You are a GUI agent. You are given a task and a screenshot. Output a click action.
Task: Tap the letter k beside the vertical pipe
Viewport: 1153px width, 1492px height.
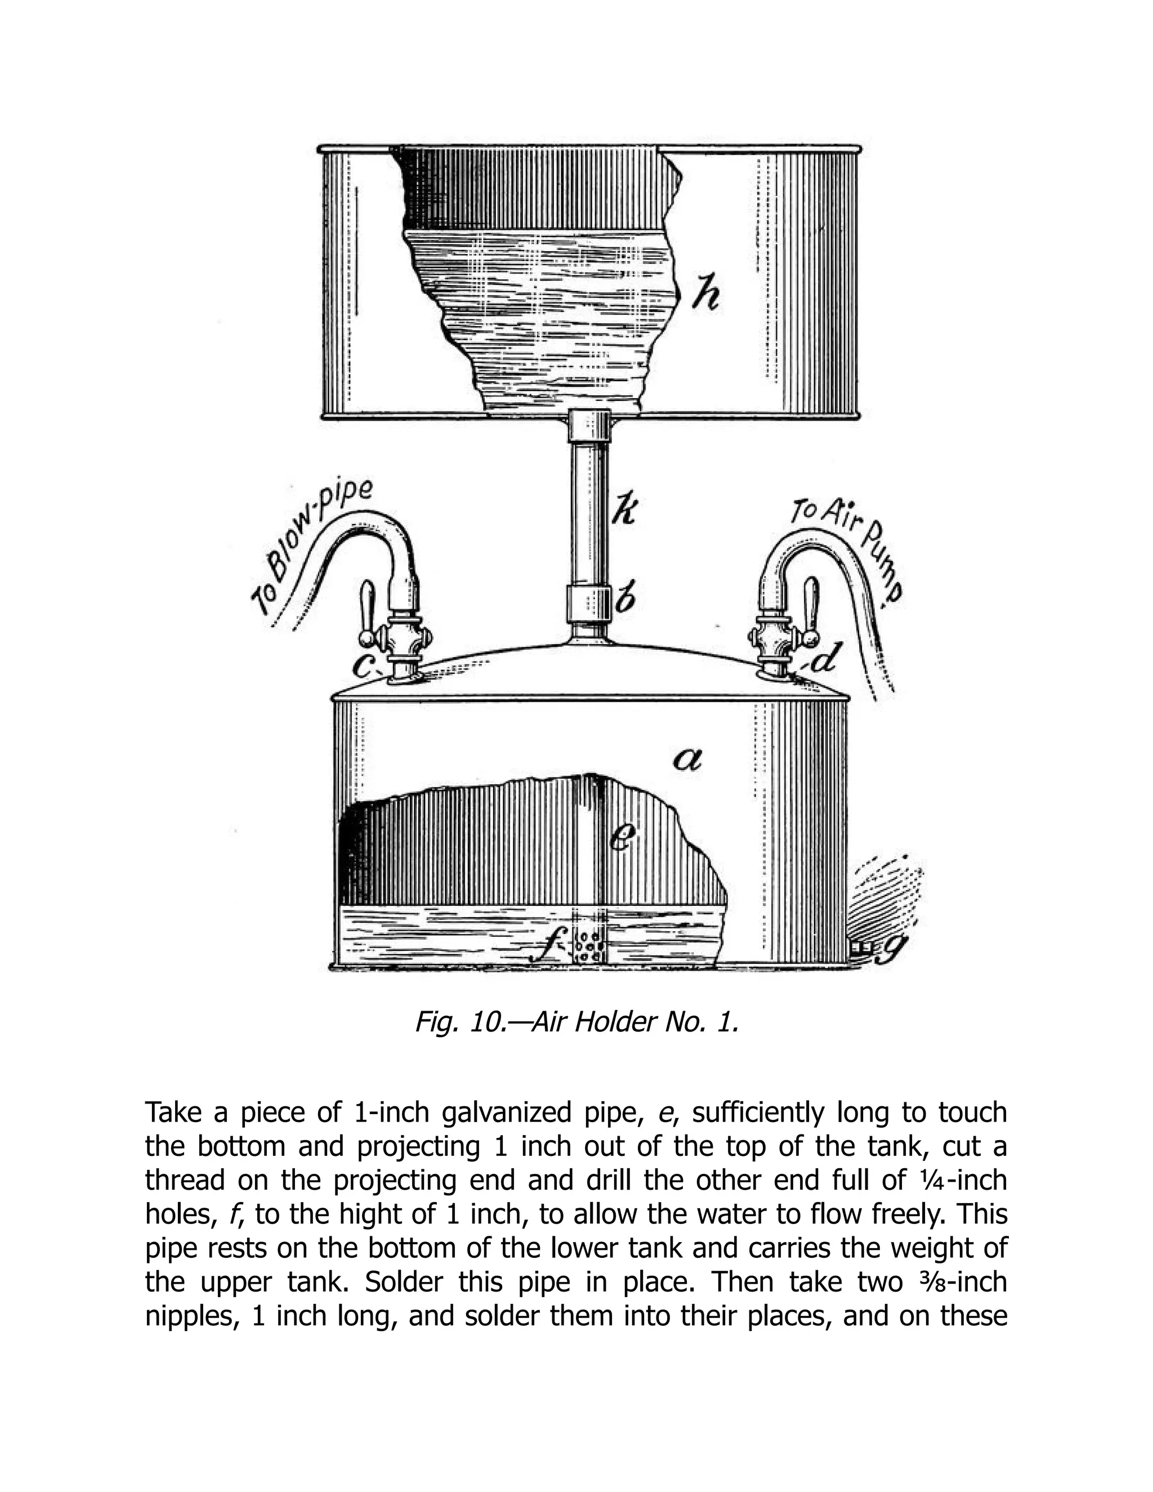[x=623, y=509]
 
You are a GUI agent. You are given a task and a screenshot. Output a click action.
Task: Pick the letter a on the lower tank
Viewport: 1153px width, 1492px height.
[x=687, y=759]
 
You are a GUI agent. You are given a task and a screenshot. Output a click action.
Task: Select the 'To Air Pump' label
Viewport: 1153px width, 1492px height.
[x=851, y=547]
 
